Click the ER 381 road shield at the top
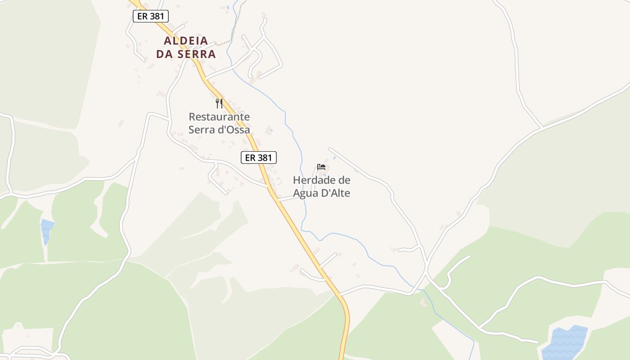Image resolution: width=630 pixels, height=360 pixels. click(x=151, y=16)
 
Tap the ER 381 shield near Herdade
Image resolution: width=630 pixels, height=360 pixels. click(x=258, y=157)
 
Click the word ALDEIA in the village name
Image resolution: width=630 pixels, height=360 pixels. click(x=186, y=41)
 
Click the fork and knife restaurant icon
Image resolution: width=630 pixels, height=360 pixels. click(x=219, y=103)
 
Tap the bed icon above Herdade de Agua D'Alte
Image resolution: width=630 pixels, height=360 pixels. click(x=321, y=166)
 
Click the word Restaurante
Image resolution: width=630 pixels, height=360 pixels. click(x=219, y=117)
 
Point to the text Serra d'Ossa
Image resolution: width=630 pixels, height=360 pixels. click(x=219, y=130)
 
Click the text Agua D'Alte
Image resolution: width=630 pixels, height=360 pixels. click(x=321, y=193)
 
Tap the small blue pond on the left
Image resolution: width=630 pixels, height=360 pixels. click(x=46, y=229)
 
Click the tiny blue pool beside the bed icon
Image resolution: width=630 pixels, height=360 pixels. click(x=334, y=158)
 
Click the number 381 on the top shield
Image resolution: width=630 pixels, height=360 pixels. click(x=157, y=16)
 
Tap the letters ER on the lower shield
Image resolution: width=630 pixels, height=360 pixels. click(x=250, y=157)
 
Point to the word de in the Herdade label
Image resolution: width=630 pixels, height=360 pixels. click(x=344, y=180)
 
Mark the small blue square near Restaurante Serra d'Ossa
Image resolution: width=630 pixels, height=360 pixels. click(x=270, y=130)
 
